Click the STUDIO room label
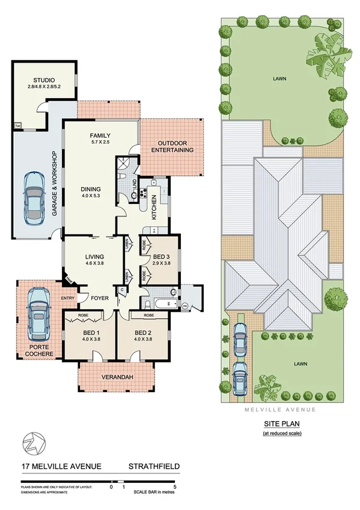[44, 80]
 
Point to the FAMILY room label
[100, 135]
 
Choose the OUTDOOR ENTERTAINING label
[172, 146]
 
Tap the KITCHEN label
[154, 207]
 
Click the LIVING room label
[91, 255]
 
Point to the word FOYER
[99, 296]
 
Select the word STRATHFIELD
[154, 465]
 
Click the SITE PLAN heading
[278, 425]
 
